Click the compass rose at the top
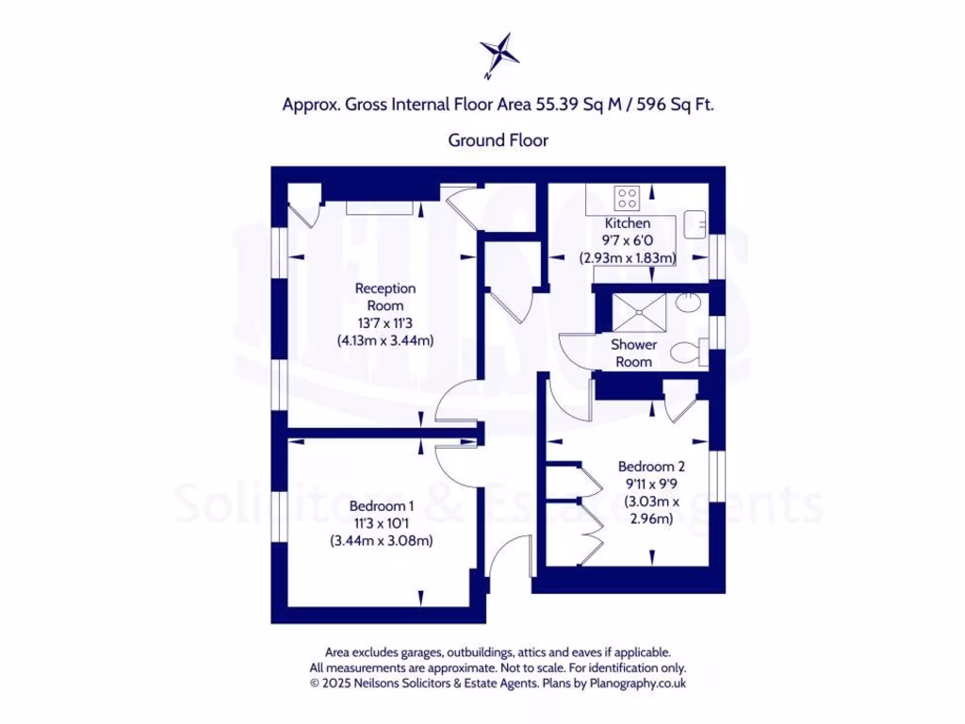tap(499, 53)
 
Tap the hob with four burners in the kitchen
tap(627, 199)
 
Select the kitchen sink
tap(696, 222)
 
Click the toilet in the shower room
tap(687, 354)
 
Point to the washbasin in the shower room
tap(688, 304)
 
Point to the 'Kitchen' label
tap(628, 223)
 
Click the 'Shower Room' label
tap(634, 353)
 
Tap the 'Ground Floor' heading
tap(498, 140)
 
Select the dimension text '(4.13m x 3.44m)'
tap(384, 340)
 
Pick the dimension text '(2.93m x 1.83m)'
tap(628, 257)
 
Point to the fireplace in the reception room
tap(376, 206)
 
